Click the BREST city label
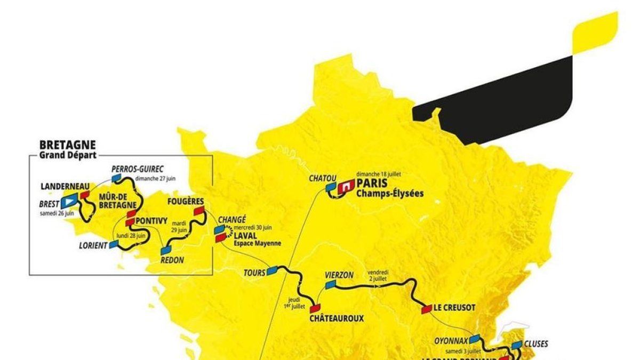point(49,204)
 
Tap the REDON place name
point(172,260)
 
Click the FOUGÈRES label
point(185,202)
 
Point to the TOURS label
point(254,273)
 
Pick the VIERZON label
point(339,275)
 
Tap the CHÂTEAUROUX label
point(337,318)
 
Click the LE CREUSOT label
point(454,308)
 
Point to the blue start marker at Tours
point(273,270)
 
